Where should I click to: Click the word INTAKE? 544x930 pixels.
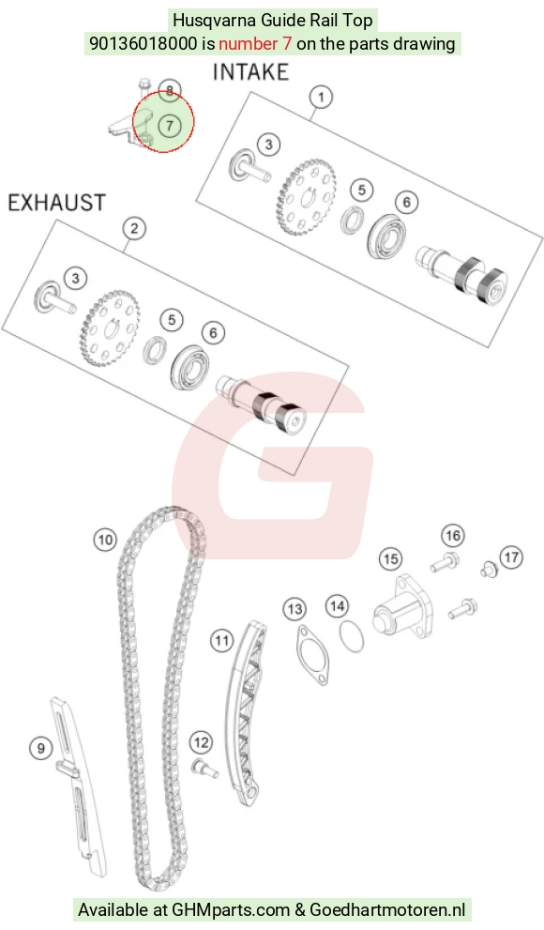click(x=250, y=72)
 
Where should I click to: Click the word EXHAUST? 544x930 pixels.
click(x=57, y=203)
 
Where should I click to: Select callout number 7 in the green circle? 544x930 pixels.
click(x=170, y=126)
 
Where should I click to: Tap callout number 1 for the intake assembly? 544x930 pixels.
click(x=321, y=97)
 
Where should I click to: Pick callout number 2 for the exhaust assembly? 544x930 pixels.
click(x=134, y=228)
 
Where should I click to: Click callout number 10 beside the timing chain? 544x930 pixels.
click(x=105, y=540)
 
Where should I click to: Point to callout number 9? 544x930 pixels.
click(x=41, y=749)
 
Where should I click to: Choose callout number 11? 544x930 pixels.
click(x=221, y=641)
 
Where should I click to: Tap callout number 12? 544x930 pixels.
click(x=202, y=742)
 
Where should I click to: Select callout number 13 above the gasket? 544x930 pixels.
click(x=295, y=608)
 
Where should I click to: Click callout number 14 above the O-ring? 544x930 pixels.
click(x=337, y=606)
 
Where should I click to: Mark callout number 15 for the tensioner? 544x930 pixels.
click(x=390, y=558)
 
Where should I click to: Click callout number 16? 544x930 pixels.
click(x=453, y=536)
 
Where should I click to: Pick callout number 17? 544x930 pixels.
click(x=511, y=556)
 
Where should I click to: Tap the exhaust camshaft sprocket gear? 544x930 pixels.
click(x=110, y=329)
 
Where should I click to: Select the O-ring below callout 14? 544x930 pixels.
click(x=352, y=636)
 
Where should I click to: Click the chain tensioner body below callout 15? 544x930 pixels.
click(x=403, y=606)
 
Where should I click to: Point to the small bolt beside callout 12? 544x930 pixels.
click(x=205, y=769)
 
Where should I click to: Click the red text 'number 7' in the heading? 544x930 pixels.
click(x=255, y=44)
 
